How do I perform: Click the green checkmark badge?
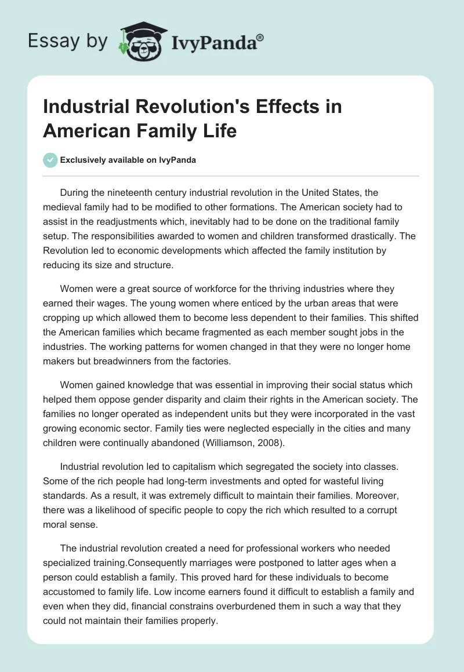[50, 160]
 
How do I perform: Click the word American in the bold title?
[84, 131]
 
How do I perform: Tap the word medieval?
[62, 206]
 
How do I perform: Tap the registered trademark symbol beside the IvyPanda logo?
[260, 37]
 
